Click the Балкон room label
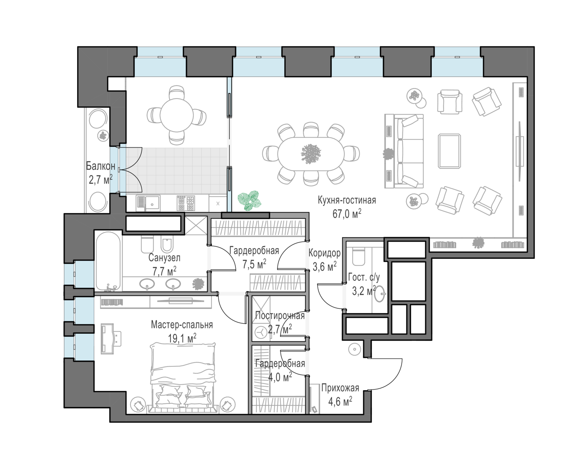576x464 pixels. click(x=101, y=166)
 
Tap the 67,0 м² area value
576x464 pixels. click(x=347, y=214)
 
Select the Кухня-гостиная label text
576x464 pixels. click(x=347, y=200)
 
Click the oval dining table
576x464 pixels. click(x=311, y=154)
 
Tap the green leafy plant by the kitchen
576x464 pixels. click(x=250, y=200)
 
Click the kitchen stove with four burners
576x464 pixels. click(x=186, y=203)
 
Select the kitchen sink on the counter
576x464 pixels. click(x=148, y=203)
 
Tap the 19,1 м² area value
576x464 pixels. click(x=182, y=338)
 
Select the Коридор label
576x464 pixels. click(x=324, y=253)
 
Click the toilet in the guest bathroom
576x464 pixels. click(x=358, y=256)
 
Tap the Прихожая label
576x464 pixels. click(x=340, y=388)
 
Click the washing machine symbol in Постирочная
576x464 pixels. click(x=260, y=333)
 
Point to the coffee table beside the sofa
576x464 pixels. click(x=450, y=151)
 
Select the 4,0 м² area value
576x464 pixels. click(x=280, y=378)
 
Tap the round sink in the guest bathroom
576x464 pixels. click(x=380, y=294)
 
